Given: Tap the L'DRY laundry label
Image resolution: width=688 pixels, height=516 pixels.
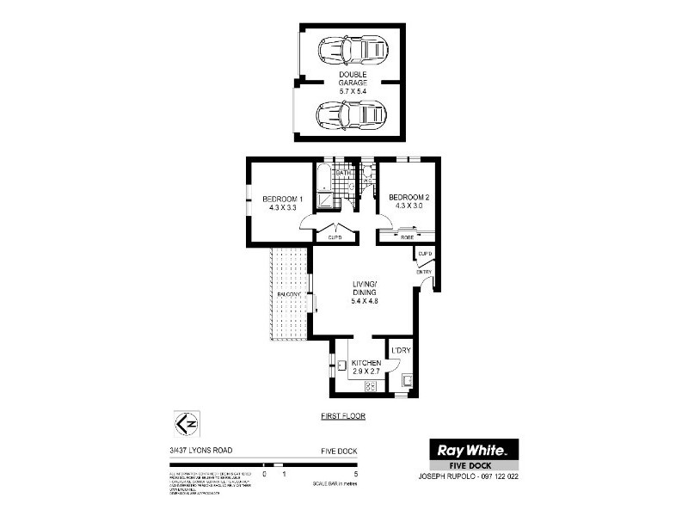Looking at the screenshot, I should (402, 350).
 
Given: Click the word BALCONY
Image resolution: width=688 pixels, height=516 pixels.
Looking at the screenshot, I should (289, 295).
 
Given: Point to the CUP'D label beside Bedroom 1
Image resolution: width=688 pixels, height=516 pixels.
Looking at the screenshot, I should (335, 236).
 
